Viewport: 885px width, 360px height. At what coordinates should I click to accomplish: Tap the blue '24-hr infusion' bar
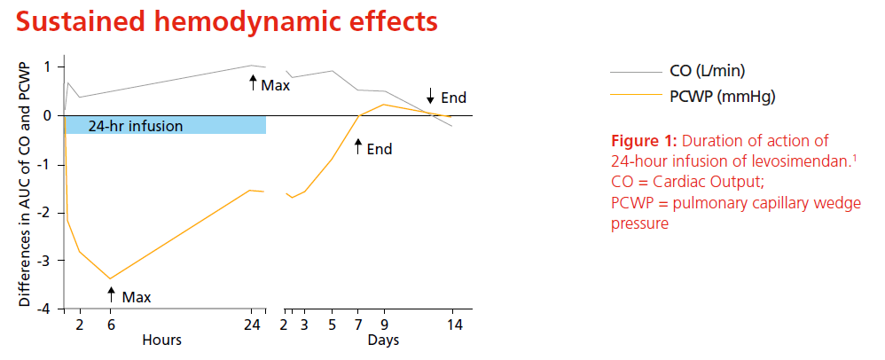[164, 125]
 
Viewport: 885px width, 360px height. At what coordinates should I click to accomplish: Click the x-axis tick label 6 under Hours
[111, 325]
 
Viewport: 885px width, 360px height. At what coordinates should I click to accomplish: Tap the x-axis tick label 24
[252, 325]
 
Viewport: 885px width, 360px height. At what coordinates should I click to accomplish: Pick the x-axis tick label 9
[385, 325]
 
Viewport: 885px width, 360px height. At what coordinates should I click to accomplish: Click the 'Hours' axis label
[161, 340]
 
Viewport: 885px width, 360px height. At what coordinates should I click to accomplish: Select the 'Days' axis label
[384, 340]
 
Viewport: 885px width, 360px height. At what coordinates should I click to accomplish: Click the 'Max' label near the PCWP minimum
[137, 295]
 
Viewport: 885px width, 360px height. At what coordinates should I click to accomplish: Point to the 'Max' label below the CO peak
[276, 85]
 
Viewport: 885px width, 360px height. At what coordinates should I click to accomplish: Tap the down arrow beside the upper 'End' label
[430, 97]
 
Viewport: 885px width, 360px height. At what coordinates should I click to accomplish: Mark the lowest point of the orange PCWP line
[111, 278]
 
